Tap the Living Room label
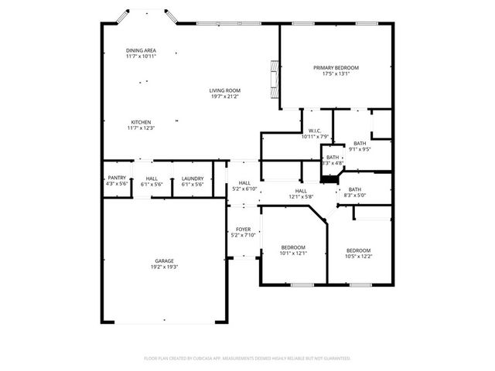(x=225, y=90)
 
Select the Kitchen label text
(x=141, y=122)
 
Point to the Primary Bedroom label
(x=336, y=68)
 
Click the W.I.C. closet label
(x=315, y=131)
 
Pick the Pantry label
(x=117, y=178)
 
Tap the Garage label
(x=162, y=262)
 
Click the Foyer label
(x=243, y=229)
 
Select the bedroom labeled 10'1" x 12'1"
(x=293, y=247)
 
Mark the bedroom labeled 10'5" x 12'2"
(x=358, y=250)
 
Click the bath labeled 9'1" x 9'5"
(x=360, y=144)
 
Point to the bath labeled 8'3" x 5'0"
(x=354, y=189)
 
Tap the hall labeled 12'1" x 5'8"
(x=301, y=191)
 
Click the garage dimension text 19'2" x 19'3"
(x=162, y=267)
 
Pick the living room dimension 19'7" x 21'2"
(x=225, y=97)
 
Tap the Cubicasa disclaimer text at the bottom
(x=247, y=359)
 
